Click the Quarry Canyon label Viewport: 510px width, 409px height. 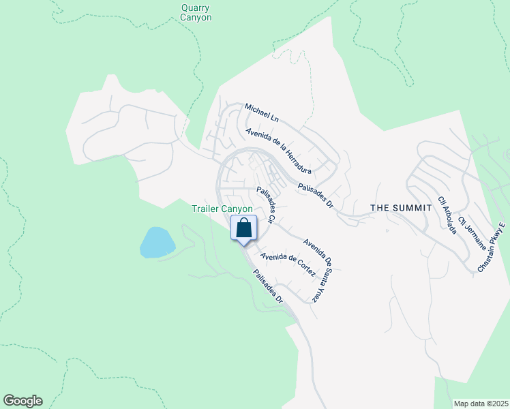click(193, 12)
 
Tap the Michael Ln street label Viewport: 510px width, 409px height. click(262, 113)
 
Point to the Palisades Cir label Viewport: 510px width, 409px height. click(265, 206)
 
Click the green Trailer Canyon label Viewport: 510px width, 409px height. click(222, 209)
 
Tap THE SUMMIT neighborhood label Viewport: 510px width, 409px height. click(401, 207)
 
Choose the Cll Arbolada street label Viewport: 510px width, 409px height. click(447, 215)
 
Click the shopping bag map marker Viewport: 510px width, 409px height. click(244, 228)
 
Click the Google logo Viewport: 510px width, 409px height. click(22, 401)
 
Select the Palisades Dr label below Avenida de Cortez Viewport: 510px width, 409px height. click(268, 285)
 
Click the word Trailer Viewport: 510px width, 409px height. click(207, 209)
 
